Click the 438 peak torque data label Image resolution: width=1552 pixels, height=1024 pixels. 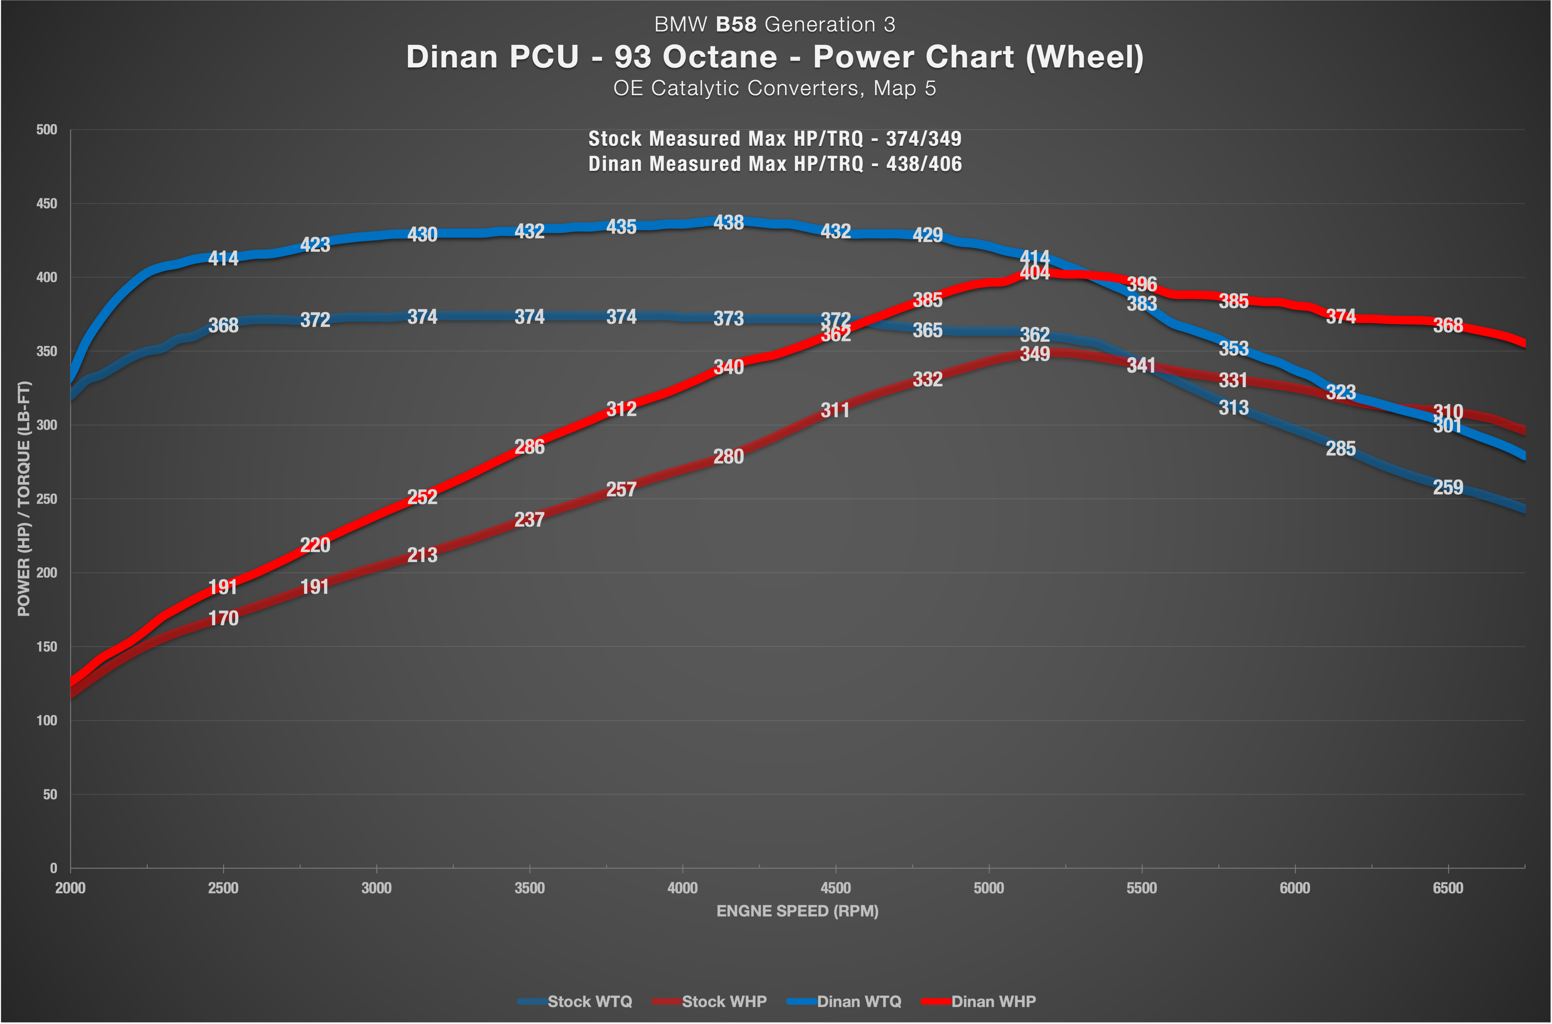(x=728, y=223)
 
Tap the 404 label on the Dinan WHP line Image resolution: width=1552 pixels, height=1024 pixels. (x=1035, y=273)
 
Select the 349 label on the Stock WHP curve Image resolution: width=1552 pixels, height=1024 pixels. (x=1035, y=354)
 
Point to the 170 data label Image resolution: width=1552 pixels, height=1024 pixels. (x=223, y=619)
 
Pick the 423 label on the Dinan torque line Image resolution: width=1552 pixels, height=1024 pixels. (x=315, y=245)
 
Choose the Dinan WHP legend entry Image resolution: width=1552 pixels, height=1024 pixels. (x=978, y=1001)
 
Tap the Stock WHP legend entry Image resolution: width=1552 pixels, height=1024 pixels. (x=709, y=1001)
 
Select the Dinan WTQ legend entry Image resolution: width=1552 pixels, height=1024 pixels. (x=844, y=1001)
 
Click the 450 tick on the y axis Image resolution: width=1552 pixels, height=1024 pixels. (x=46, y=204)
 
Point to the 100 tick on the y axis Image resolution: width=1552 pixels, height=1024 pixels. (x=46, y=720)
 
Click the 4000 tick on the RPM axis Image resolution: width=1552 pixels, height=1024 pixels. (x=683, y=888)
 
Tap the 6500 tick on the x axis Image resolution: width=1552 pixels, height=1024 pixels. (x=1448, y=888)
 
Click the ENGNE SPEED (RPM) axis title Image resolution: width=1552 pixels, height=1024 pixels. (x=798, y=911)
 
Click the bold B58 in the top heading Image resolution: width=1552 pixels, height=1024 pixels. (x=736, y=25)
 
